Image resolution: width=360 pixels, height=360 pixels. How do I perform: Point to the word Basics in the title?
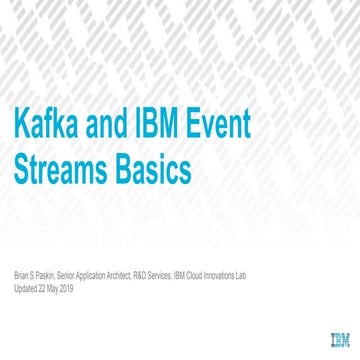(150, 170)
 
